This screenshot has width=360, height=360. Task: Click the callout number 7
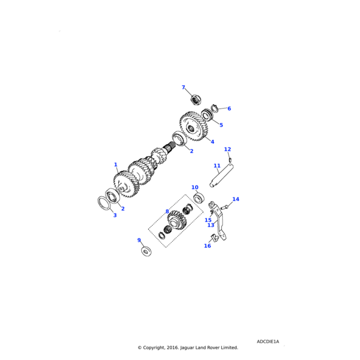point(184,88)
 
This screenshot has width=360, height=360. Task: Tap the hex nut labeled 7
point(195,99)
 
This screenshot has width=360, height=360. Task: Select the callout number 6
point(229,109)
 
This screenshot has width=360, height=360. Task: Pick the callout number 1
point(116,164)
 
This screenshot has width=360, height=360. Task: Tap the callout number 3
point(115,215)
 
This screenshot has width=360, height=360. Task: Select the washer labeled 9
point(146,250)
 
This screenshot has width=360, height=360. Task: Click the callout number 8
point(167,212)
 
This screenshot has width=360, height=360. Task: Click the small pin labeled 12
point(230,159)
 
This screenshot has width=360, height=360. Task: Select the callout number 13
point(211,226)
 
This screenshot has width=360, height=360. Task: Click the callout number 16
point(208,246)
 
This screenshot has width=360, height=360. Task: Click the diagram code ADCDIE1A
point(268,341)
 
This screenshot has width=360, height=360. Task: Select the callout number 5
point(221,125)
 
